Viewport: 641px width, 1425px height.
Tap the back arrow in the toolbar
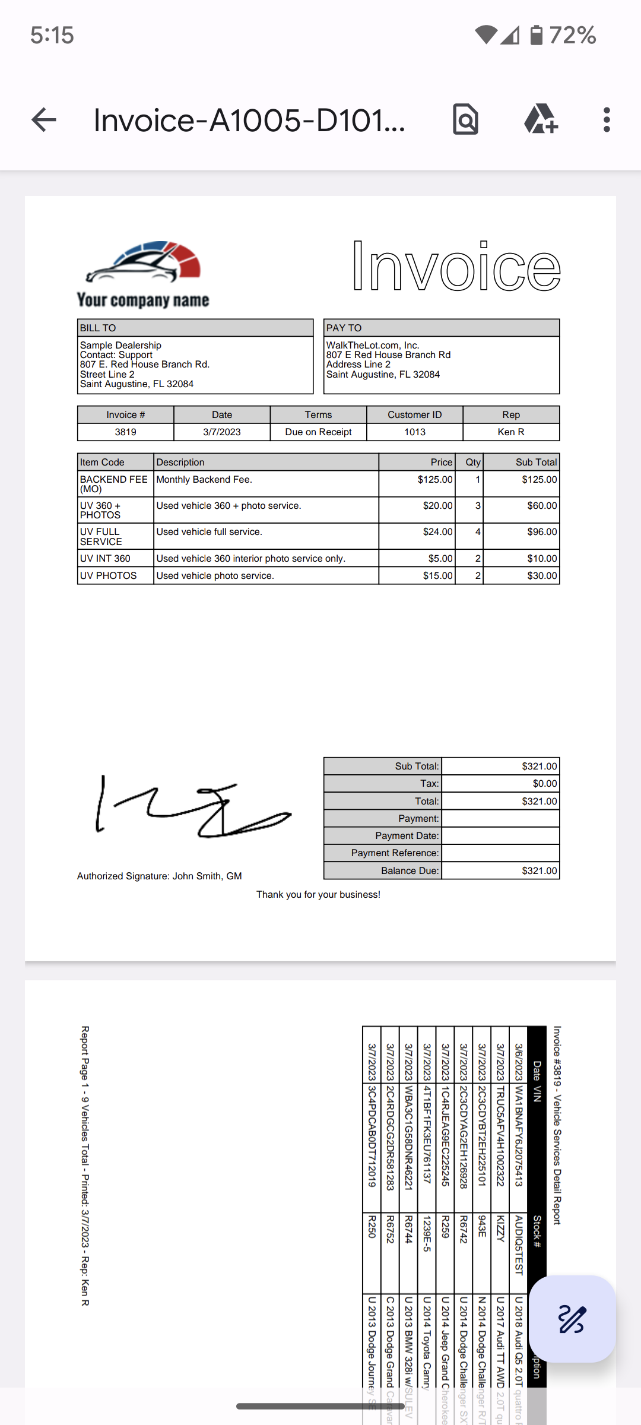(44, 120)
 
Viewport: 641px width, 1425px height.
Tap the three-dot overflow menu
(606, 120)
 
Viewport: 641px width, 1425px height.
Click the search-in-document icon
(465, 120)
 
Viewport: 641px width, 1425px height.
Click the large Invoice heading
(456, 267)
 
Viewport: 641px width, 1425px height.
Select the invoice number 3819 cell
(125, 432)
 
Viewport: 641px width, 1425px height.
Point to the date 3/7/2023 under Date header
(222, 432)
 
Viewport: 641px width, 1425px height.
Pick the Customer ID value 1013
(415, 432)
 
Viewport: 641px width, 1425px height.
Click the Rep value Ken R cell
(511, 432)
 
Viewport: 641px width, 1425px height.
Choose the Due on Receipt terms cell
(318, 432)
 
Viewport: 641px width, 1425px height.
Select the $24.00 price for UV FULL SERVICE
(437, 532)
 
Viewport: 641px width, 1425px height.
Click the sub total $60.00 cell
(542, 506)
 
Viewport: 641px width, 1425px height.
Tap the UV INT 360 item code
(106, 559)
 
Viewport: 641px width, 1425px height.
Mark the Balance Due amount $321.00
(539, 871)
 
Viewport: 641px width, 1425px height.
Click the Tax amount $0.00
(544, 784)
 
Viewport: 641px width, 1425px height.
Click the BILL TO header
(99, 328)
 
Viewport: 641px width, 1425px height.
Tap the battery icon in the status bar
(536, 35)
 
